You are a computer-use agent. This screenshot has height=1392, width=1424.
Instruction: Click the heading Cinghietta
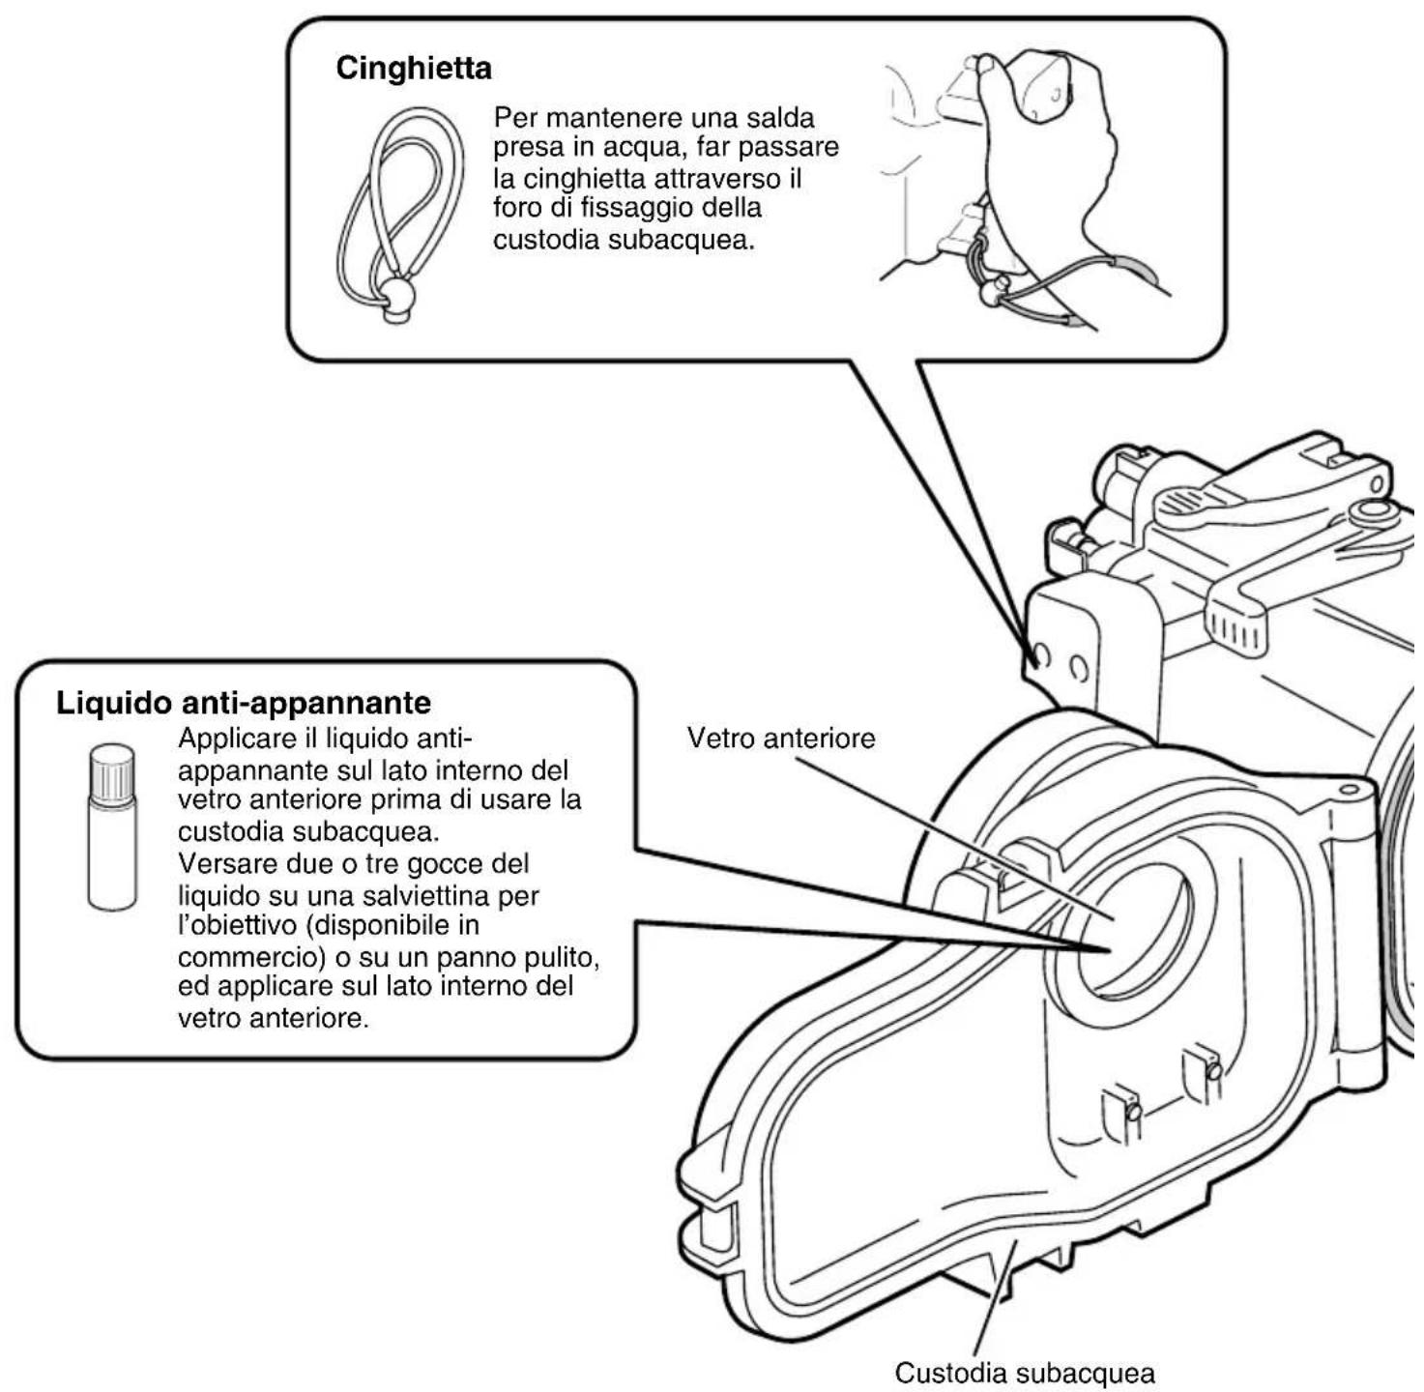[x=414, y=68]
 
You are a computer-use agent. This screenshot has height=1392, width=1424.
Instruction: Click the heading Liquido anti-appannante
[x=244, y=703]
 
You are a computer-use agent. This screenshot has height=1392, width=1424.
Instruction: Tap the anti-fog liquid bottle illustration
[x=112, y=827]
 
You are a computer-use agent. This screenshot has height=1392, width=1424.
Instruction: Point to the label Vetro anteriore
[x=781, y=738]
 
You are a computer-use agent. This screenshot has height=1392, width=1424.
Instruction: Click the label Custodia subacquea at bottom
[x=1025, y=1373]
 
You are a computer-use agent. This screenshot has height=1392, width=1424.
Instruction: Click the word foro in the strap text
[x=516, y=208]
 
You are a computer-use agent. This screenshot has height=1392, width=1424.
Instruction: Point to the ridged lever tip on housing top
[x=1235, y=627]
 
